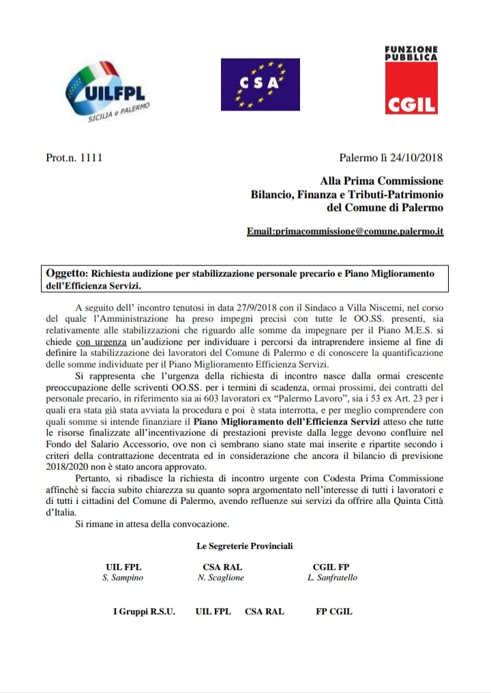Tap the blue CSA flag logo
(260, 84)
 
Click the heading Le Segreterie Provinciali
(244, 546)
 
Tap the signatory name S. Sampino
(123, 578)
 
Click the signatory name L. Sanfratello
(333, 578)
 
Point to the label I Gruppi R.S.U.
(144, 611)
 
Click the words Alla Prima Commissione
(381, 181)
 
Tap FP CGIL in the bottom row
(334, 611)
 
